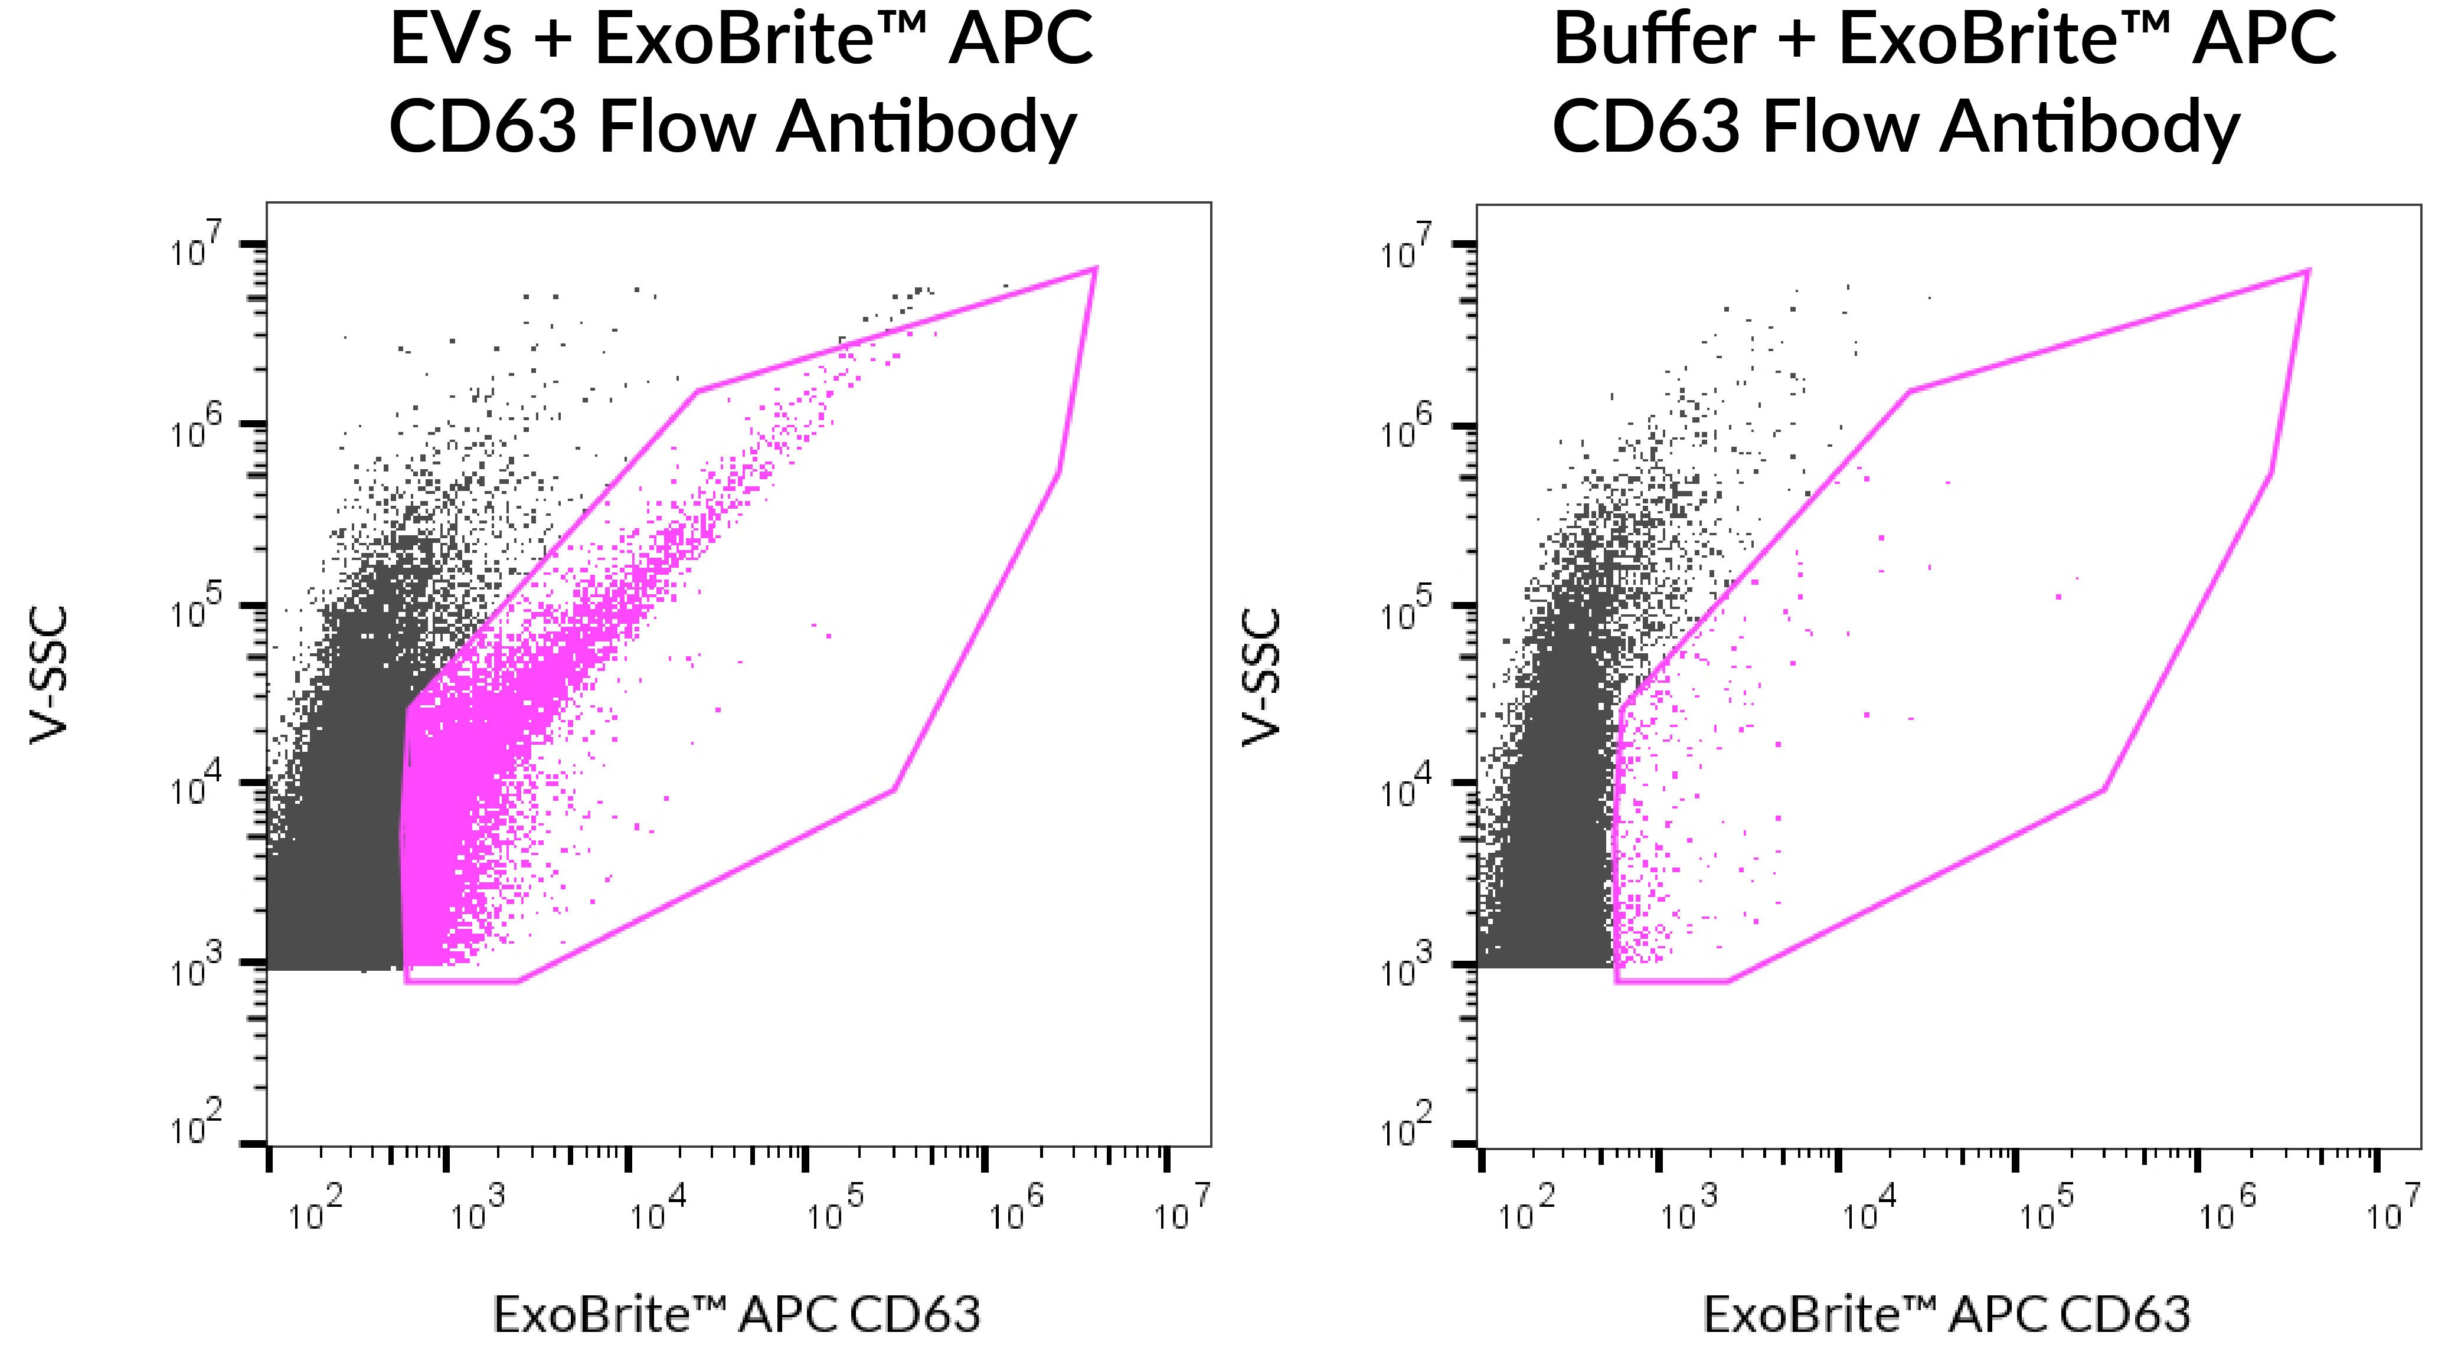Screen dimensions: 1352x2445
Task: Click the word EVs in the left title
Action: click(451, 40)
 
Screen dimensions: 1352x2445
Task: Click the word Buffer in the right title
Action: click(1653, 40)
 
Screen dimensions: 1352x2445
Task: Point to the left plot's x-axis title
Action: click(737, 1315)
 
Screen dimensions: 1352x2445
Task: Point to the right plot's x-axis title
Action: click(1947, 1315)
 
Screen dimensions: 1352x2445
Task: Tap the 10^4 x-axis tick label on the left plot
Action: click(658, 1210)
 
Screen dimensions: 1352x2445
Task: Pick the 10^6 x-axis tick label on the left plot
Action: click(1015, 1210)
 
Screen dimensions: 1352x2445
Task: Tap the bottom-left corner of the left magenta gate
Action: click(406, 980)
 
